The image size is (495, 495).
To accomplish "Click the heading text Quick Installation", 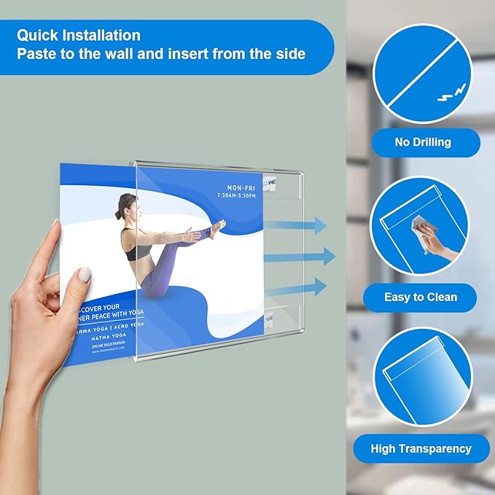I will [79, 35].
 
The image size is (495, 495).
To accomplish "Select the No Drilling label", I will [423, 142].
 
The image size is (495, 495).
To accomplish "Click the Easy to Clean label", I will [421, 297].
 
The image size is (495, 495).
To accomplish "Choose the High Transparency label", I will [421, 448].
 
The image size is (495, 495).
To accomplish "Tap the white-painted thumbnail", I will [85, 274].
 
